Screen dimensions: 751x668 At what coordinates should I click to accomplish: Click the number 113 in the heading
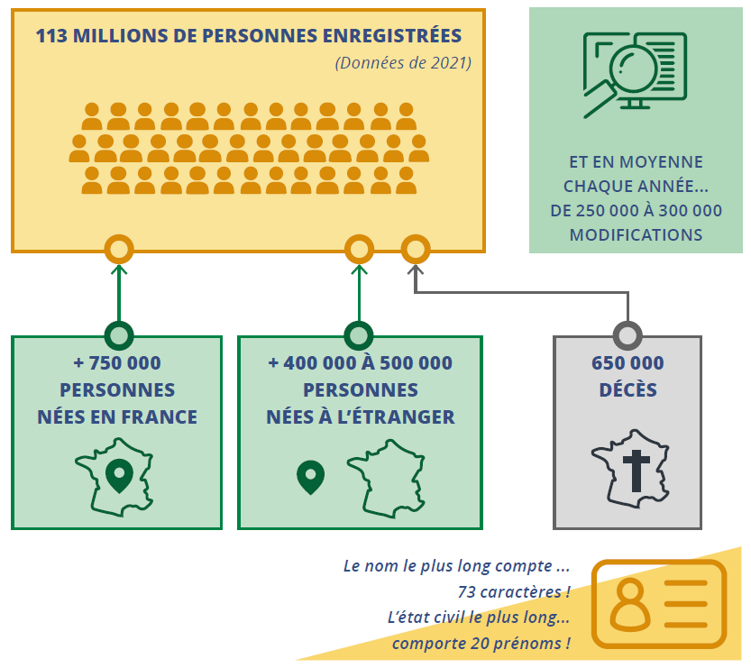click(51, 36)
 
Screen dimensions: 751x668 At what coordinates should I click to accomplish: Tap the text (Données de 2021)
click(403, 63)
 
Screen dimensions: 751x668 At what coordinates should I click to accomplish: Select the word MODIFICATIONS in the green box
click(636, 234)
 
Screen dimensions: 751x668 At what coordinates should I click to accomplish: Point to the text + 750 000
click(117, 363)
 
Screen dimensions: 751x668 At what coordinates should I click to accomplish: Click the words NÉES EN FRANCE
click(117, 417)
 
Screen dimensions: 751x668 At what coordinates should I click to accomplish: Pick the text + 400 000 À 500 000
click(361, 363)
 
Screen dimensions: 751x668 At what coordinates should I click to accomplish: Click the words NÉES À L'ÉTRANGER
click(361, 417)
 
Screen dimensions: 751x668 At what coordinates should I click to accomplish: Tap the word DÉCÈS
click(627, 389)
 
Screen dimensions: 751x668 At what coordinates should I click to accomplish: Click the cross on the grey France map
click(637, 471)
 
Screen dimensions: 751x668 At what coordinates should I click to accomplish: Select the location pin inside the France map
click(119, 476)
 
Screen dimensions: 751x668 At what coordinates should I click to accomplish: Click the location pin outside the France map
click(310, 478)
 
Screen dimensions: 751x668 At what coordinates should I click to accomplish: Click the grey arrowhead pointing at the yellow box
click(416, 270)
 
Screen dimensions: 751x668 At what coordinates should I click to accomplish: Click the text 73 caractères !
click(514, 592)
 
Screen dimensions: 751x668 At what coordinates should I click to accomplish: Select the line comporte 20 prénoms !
click(481, 643)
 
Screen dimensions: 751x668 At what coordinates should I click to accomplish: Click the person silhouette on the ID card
click(630, 604)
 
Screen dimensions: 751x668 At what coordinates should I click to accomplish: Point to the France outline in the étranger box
click(386, 479)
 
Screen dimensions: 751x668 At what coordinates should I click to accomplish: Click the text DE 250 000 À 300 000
click(637, 211)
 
